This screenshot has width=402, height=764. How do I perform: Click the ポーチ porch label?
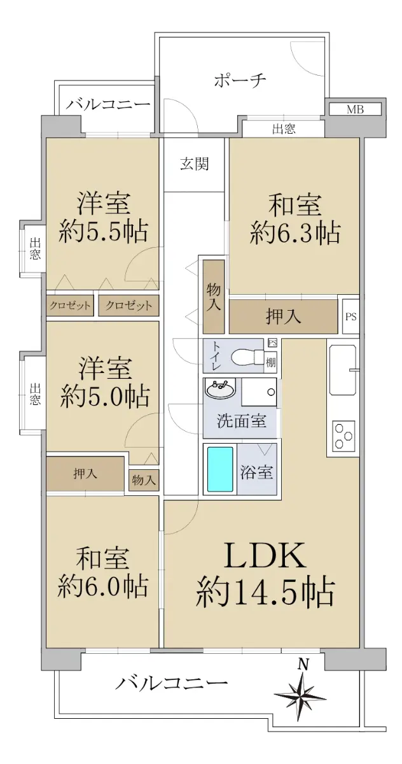[x=240, y=80]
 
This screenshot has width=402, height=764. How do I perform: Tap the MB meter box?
[x=354, y=110]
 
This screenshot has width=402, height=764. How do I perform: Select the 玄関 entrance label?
[x=194, y=164]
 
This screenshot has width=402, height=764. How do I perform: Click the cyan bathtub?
[x=219, y=469]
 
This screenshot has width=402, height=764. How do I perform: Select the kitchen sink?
[x=342, y=369]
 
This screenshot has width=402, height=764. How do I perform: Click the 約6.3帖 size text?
[x=295, y=234]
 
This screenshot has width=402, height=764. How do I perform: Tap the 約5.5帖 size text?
[x=103, y=232]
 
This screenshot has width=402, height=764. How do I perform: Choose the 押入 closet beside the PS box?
[x=283, y=316]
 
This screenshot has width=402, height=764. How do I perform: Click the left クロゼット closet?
[x=70, y=305]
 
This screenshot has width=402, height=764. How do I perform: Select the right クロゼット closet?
[x=128, y=305]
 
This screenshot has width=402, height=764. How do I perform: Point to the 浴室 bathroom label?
[x=256, y=472]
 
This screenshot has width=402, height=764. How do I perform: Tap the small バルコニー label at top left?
[x=108, y=104]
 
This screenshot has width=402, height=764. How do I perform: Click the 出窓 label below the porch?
[x=284, y=129]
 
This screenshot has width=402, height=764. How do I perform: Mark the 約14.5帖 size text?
[x=265, y=593]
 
